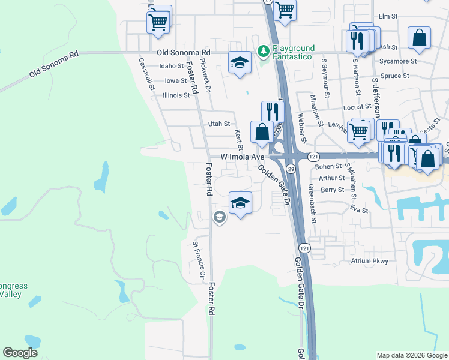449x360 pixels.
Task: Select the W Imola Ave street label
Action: point(243,157)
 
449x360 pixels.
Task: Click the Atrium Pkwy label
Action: point(370,261)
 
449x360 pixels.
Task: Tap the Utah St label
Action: point(218,124)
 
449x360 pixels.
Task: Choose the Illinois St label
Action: point(176,95)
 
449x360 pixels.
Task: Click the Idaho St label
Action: point(171,66)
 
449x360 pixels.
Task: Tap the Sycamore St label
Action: point(398,61)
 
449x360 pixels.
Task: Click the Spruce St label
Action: point(394,76)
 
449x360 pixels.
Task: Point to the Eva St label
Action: point(360,210)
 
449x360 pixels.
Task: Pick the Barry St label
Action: point(332,190)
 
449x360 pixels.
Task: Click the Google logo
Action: point(20,353)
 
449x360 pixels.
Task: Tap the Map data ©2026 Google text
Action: point(412,355)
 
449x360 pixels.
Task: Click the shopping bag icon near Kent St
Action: point(262,132)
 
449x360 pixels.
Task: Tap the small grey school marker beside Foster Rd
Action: point(219,217)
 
